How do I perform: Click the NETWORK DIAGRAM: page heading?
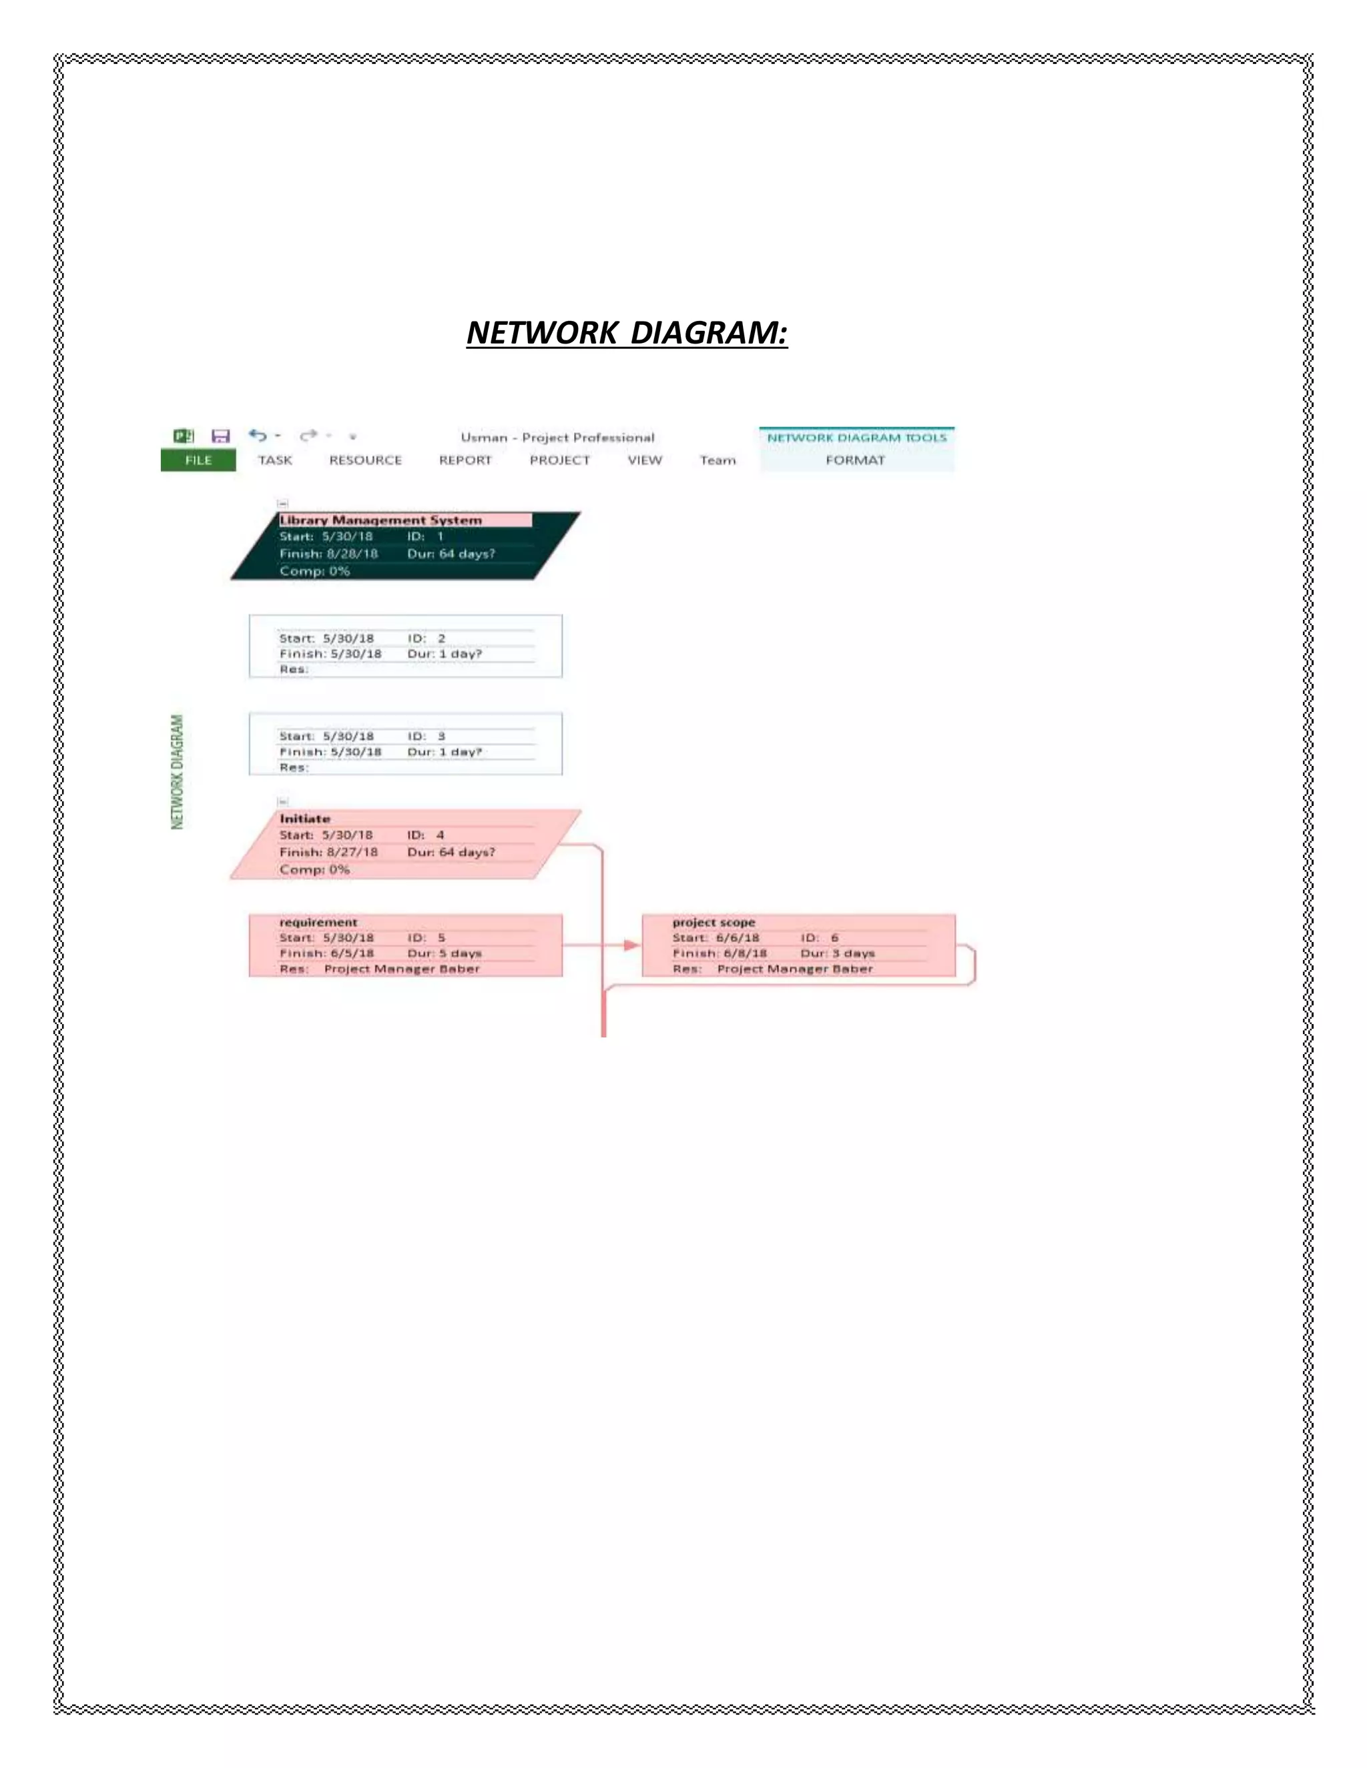coord(627,333)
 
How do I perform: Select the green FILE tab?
coord(198,460)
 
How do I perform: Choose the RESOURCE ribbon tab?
coord(365,460)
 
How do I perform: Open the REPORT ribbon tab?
coord(465,460)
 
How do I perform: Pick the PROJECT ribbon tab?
coord(559,460)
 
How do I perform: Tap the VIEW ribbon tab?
coord(645,460)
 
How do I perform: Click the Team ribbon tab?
coord(718,460)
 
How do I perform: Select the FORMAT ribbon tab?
coord(855,460)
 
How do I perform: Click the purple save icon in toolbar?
coord(220,436)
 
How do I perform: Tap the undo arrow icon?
coord(258,436)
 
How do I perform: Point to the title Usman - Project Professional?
coord(557,437)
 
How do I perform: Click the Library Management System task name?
coord(380,520)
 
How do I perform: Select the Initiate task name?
coord(304,819)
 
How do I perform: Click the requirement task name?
coord(318,922)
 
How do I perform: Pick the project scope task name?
coord(714,922)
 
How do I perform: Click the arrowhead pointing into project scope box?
coord(631,945)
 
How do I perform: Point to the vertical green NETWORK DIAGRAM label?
coord(178,771)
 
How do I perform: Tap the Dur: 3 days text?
coord(838,953)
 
